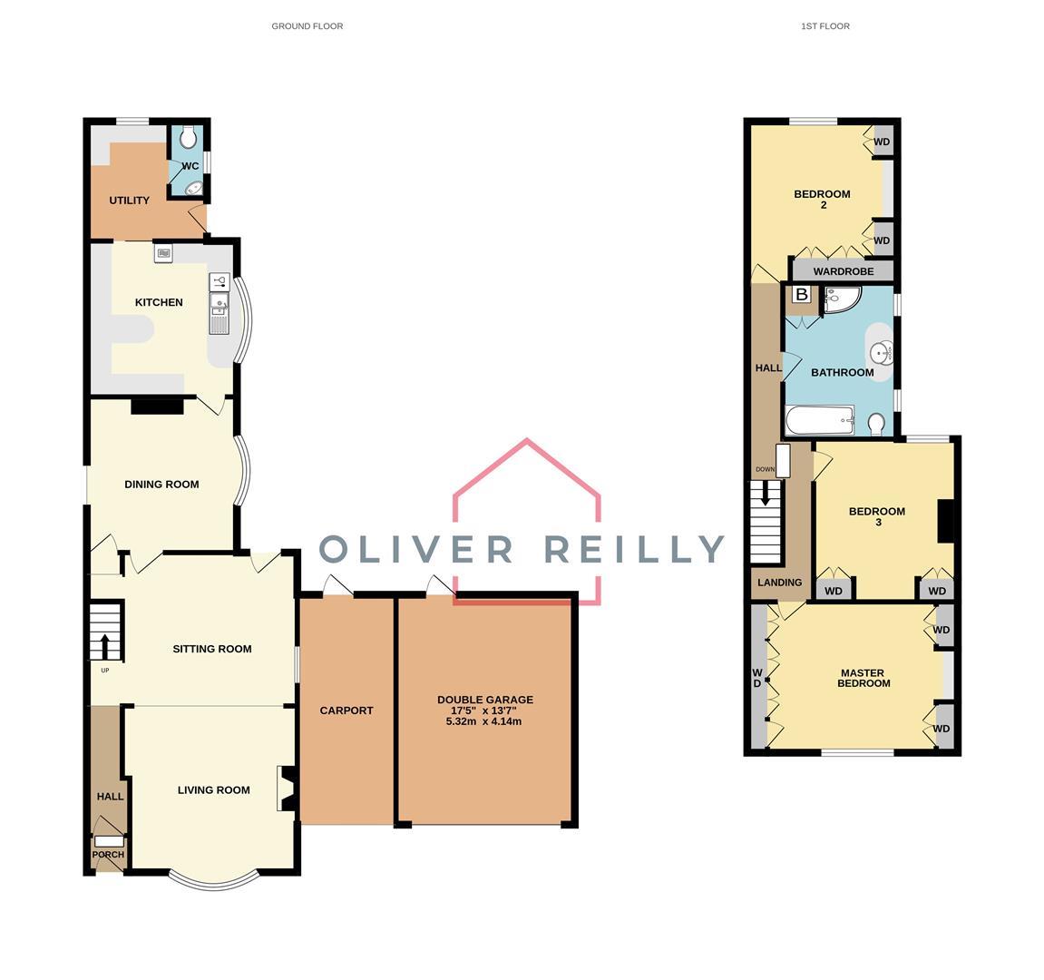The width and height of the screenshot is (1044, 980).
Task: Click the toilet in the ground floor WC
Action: pos(189,136)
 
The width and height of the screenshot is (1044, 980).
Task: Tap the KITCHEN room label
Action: pos(159,302)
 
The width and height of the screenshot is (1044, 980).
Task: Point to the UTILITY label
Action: pos(129,201)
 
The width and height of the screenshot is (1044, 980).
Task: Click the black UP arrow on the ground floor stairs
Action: pos(105,645)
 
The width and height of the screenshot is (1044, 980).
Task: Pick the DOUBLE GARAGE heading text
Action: pos(485,700)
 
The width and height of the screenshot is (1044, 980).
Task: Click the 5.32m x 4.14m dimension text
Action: pos(484,720)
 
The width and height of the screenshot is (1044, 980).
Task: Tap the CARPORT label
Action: pos(346,710)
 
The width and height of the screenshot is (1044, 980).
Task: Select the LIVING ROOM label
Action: pos(214,790)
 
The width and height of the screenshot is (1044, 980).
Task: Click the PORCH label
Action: pos(108,855)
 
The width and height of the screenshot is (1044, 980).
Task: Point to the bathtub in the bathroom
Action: pos(820,420)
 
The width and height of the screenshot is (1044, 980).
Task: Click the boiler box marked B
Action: pos(802,294)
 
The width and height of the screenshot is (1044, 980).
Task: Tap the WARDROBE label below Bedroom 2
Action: pos(844,272)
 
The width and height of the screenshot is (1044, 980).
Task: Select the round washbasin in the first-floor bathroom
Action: pos(883,354)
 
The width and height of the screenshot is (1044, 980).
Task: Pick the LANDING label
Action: pos(780,583)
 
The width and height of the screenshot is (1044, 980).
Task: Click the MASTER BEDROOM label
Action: pos(863,678)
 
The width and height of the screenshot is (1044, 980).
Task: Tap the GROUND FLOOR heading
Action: pos(307,26)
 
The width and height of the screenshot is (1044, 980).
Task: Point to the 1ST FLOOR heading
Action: pos(824,26)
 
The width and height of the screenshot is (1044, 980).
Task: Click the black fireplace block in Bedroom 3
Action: pos(945,521)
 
